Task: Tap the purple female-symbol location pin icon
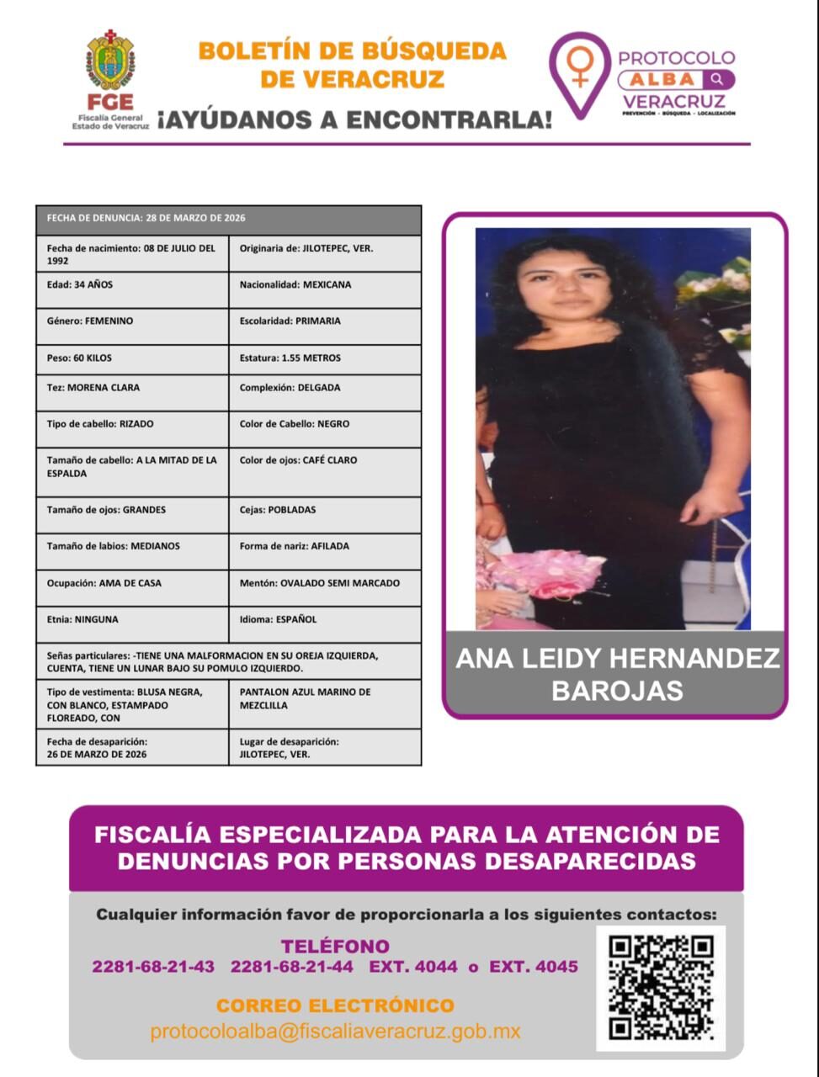[580, 71]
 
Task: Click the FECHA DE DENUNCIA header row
[228, 219]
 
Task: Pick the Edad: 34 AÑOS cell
[132, 285]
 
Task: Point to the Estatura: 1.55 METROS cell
[324, 358]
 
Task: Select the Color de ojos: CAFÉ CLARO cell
[324, 461]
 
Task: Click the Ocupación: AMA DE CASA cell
[132, 583]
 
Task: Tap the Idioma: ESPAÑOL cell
[324, 620]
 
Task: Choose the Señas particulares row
[228, 661]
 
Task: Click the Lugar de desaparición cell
[324, 748]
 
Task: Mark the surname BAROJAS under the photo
[617, 692]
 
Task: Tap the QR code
[661, 988]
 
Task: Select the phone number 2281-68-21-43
[153, 967]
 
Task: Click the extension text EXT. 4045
[534, 967]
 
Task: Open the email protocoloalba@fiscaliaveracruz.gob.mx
[335, 1032]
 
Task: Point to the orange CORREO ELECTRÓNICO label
[335, 1005]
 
